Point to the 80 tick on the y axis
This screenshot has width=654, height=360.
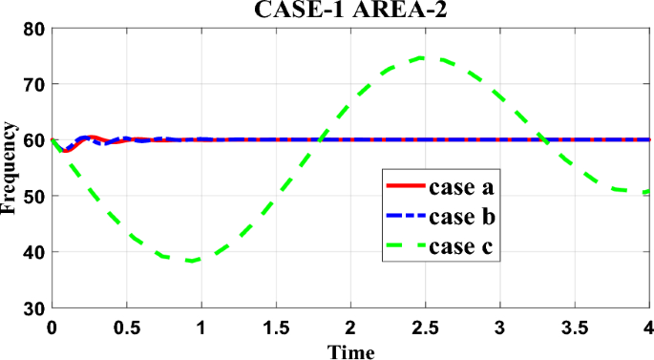[x=36, y=28]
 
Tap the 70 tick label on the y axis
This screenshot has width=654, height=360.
[x=36, y=84]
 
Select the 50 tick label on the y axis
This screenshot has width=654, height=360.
[x=36, y=196]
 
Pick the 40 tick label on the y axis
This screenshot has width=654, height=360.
[x=36, y=252]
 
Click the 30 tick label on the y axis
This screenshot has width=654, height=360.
[x=36, y=308]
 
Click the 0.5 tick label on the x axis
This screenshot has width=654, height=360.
[x=127, y=328]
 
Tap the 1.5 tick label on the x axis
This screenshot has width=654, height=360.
[x=276, y=328]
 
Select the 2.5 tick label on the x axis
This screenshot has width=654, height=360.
[x=426, y=328]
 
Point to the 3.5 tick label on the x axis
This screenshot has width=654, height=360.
[x=575, y=328]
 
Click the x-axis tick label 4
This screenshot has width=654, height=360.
[x=648, y=328]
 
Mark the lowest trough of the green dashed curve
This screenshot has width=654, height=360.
[x=191, y=261]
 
